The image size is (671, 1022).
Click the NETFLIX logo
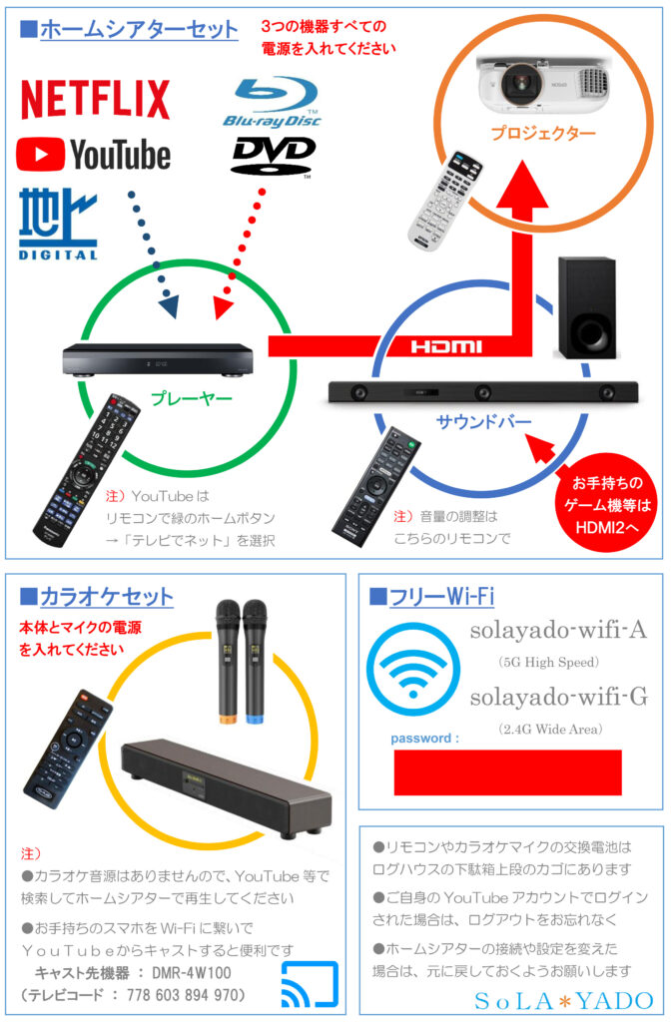(x=96, y=100)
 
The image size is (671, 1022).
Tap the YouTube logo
(x=94, y=155)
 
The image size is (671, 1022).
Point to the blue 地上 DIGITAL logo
(x=58, y=223)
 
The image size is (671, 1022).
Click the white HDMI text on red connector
(x=445, y=346)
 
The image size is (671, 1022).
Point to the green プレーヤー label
(x=191, y=399)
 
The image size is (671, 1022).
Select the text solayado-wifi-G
(x=558, y=698)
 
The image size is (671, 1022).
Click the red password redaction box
(x=507, y=771)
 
